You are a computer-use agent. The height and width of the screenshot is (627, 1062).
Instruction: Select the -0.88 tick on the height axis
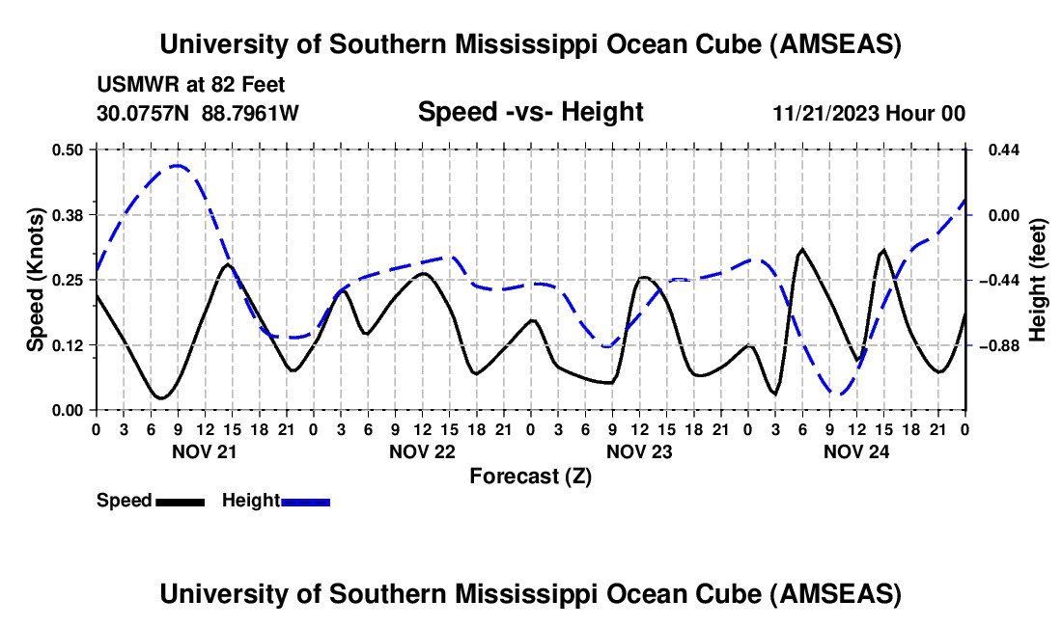coord(995,345)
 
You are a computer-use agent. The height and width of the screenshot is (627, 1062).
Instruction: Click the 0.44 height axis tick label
coord(995,150)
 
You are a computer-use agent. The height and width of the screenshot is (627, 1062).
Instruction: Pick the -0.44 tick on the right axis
coord(995,280)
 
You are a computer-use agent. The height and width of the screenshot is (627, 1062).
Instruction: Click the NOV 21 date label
coord(204,450)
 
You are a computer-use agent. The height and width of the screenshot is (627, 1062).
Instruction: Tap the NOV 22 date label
coord(421,450)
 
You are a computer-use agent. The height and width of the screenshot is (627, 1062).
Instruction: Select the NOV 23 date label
coord(638,450)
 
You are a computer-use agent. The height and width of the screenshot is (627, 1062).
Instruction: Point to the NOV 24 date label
coord(855,450)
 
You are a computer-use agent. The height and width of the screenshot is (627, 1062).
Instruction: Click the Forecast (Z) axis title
coord(530,476)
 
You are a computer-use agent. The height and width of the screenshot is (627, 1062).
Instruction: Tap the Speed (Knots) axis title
coord(35,280)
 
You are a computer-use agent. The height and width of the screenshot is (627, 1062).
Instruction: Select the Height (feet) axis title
coord(1038,280)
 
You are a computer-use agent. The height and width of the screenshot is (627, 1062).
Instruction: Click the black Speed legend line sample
coord(180,502)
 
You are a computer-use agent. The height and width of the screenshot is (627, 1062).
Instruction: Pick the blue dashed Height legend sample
coord(305,502)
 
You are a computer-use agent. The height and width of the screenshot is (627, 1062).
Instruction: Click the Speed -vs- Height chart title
coord(530,112)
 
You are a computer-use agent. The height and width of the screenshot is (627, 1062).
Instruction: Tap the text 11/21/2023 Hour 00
coord(869,113)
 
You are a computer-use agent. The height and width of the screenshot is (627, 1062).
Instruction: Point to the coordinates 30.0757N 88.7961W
coord(198,113)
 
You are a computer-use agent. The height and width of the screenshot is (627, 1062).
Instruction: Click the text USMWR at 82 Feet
coord(190,85)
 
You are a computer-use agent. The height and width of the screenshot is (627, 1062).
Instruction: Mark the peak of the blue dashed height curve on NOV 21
coord(177,166)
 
